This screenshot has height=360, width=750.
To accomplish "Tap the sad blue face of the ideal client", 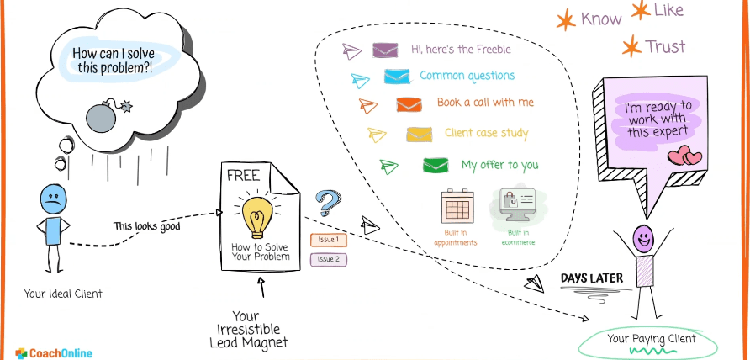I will click(x=52, y=200).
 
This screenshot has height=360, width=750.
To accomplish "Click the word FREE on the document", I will click(x=243, y=177).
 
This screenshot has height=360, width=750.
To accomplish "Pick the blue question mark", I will click(x=326, y=204).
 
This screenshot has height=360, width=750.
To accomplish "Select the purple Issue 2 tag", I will click(x=329, y=259).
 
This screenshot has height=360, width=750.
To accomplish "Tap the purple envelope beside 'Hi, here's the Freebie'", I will click(x=385, y=50).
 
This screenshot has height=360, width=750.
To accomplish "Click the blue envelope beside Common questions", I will click(x=396, y=77).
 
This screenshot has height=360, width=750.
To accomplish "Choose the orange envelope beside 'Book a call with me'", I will click(x=409, y=104).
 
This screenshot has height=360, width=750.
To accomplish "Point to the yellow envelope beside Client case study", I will click(x=419, y=134).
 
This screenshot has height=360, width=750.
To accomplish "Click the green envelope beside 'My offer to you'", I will click(x=435, y=165).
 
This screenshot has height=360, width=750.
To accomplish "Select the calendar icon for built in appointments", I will click(x=460, y=205).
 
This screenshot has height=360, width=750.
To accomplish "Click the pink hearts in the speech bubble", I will click(x=685, y=156).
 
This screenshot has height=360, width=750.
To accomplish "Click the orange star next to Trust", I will click(x=629, y=47).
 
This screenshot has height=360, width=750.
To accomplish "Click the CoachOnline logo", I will click(x=54, y=353).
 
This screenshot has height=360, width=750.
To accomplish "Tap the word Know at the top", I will click(x=602, y=19).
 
